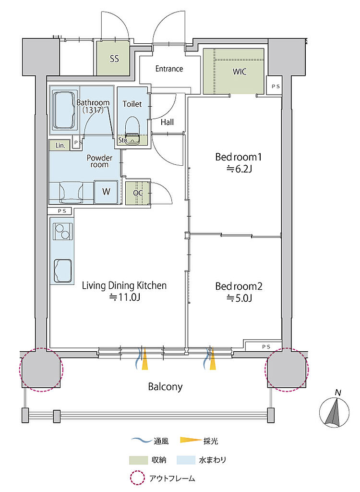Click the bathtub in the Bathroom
(x=65, y=110)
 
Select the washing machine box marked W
(x=106, y=192)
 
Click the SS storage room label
(x=114, y=59)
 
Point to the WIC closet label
(x=240, y=72)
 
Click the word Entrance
(x=169, y=69)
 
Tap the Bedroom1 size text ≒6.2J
(x=239, y=170)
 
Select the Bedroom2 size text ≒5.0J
(x=239, y=298)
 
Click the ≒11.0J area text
(x=124, y=297)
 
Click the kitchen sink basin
(x=63, y=271)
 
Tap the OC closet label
(x=138, y=193)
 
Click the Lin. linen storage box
(x=60, y=145)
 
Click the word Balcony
(x=165, y=387)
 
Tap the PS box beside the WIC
(x=274, y=86)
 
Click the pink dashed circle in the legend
(x=138, y=478)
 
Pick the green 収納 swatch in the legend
(x=138, y=460)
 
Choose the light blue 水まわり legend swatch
(x=186, y=460)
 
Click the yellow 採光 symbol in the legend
(x=191, y=440)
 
